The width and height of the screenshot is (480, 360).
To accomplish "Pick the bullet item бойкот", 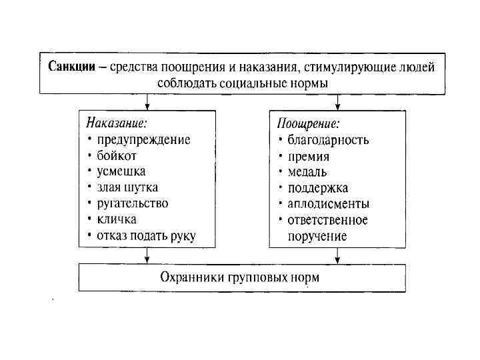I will click(x=117, y=155).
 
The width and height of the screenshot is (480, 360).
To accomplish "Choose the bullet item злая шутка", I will click(x=127, y=187).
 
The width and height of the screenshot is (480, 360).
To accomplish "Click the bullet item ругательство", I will click(x=133, y=203).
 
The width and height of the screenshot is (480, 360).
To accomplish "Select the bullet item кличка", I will click(x=117, y=219).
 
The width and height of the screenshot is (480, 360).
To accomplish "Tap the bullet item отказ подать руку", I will click(x=146, y=235).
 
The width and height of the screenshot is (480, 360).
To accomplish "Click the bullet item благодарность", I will click(x=328, y=139).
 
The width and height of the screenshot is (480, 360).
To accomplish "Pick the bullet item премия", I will click(x=309, y=156).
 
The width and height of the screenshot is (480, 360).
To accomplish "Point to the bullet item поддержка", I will click(x=318, y=187).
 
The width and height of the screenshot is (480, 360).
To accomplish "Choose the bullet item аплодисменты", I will click(x=328, y=203).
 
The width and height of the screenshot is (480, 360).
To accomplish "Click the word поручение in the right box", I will click(x=317, y=236).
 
